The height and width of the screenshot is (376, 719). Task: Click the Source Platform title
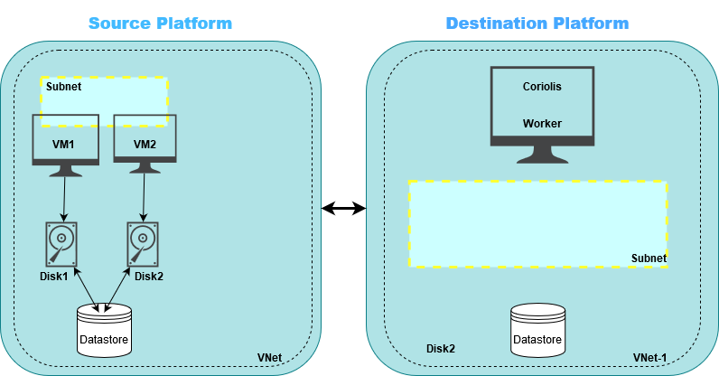[160, 23]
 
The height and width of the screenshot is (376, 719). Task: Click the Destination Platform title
[537, 23]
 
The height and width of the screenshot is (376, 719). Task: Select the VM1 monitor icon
[65, 139]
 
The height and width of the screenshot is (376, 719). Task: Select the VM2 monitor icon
[145, 139]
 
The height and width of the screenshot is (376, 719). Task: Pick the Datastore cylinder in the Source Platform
[104, 329]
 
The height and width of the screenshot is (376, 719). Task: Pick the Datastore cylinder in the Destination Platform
[537, 329]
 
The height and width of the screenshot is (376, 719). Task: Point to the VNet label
[270, 359]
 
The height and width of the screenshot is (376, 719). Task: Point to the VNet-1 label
[649, 359]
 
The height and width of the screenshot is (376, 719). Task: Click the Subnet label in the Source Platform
[63, 88]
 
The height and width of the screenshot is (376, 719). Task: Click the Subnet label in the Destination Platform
[648, 258]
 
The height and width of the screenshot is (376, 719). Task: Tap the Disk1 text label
[53, 276]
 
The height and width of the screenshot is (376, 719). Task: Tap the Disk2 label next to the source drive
[150, 276]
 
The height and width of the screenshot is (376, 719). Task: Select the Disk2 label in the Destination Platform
[440, 349]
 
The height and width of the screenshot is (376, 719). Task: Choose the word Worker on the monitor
[542, 123]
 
